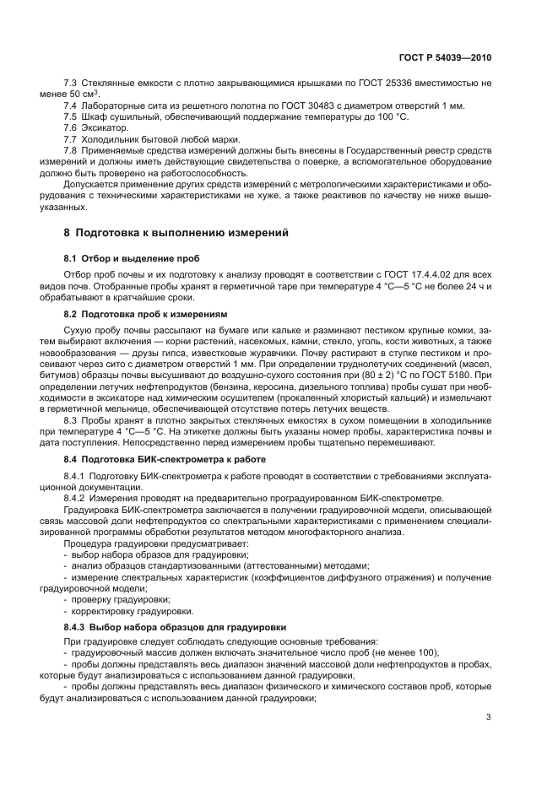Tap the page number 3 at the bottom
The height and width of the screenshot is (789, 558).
(x=489, y=717)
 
